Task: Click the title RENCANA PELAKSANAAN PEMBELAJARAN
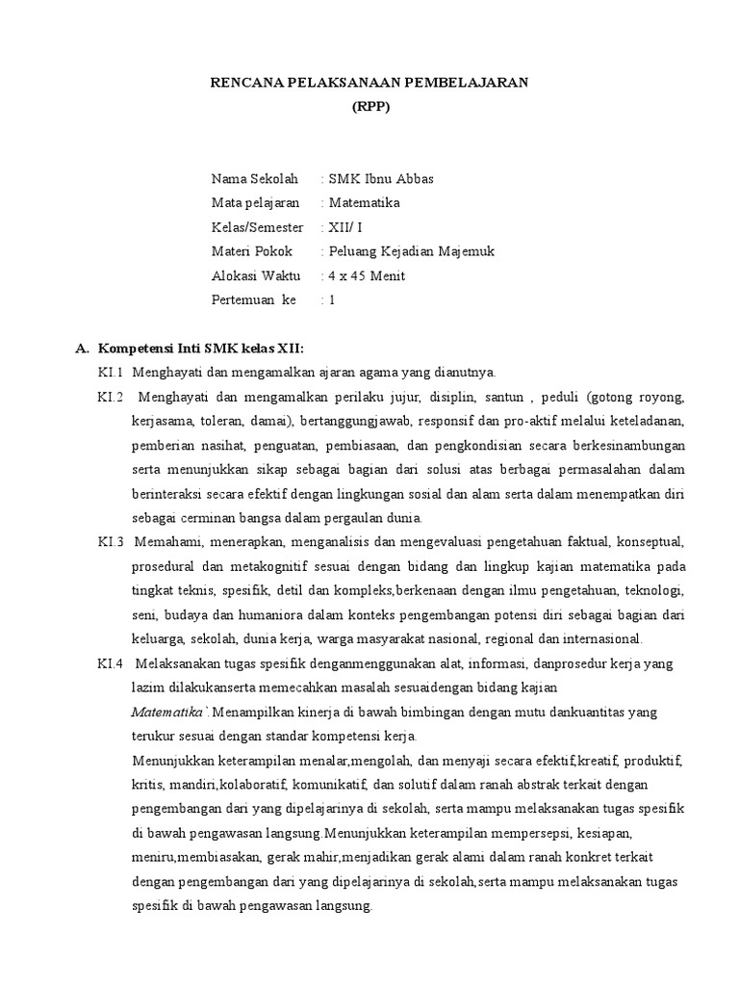pos(369,83)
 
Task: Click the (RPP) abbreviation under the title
pos(369,107)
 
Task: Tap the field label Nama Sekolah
pos(255,179)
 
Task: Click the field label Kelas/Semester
pos(257,227)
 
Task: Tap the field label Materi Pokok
pos(252,251)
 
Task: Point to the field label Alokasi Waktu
pos(255,276)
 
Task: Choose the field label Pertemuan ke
pos(254,300)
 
